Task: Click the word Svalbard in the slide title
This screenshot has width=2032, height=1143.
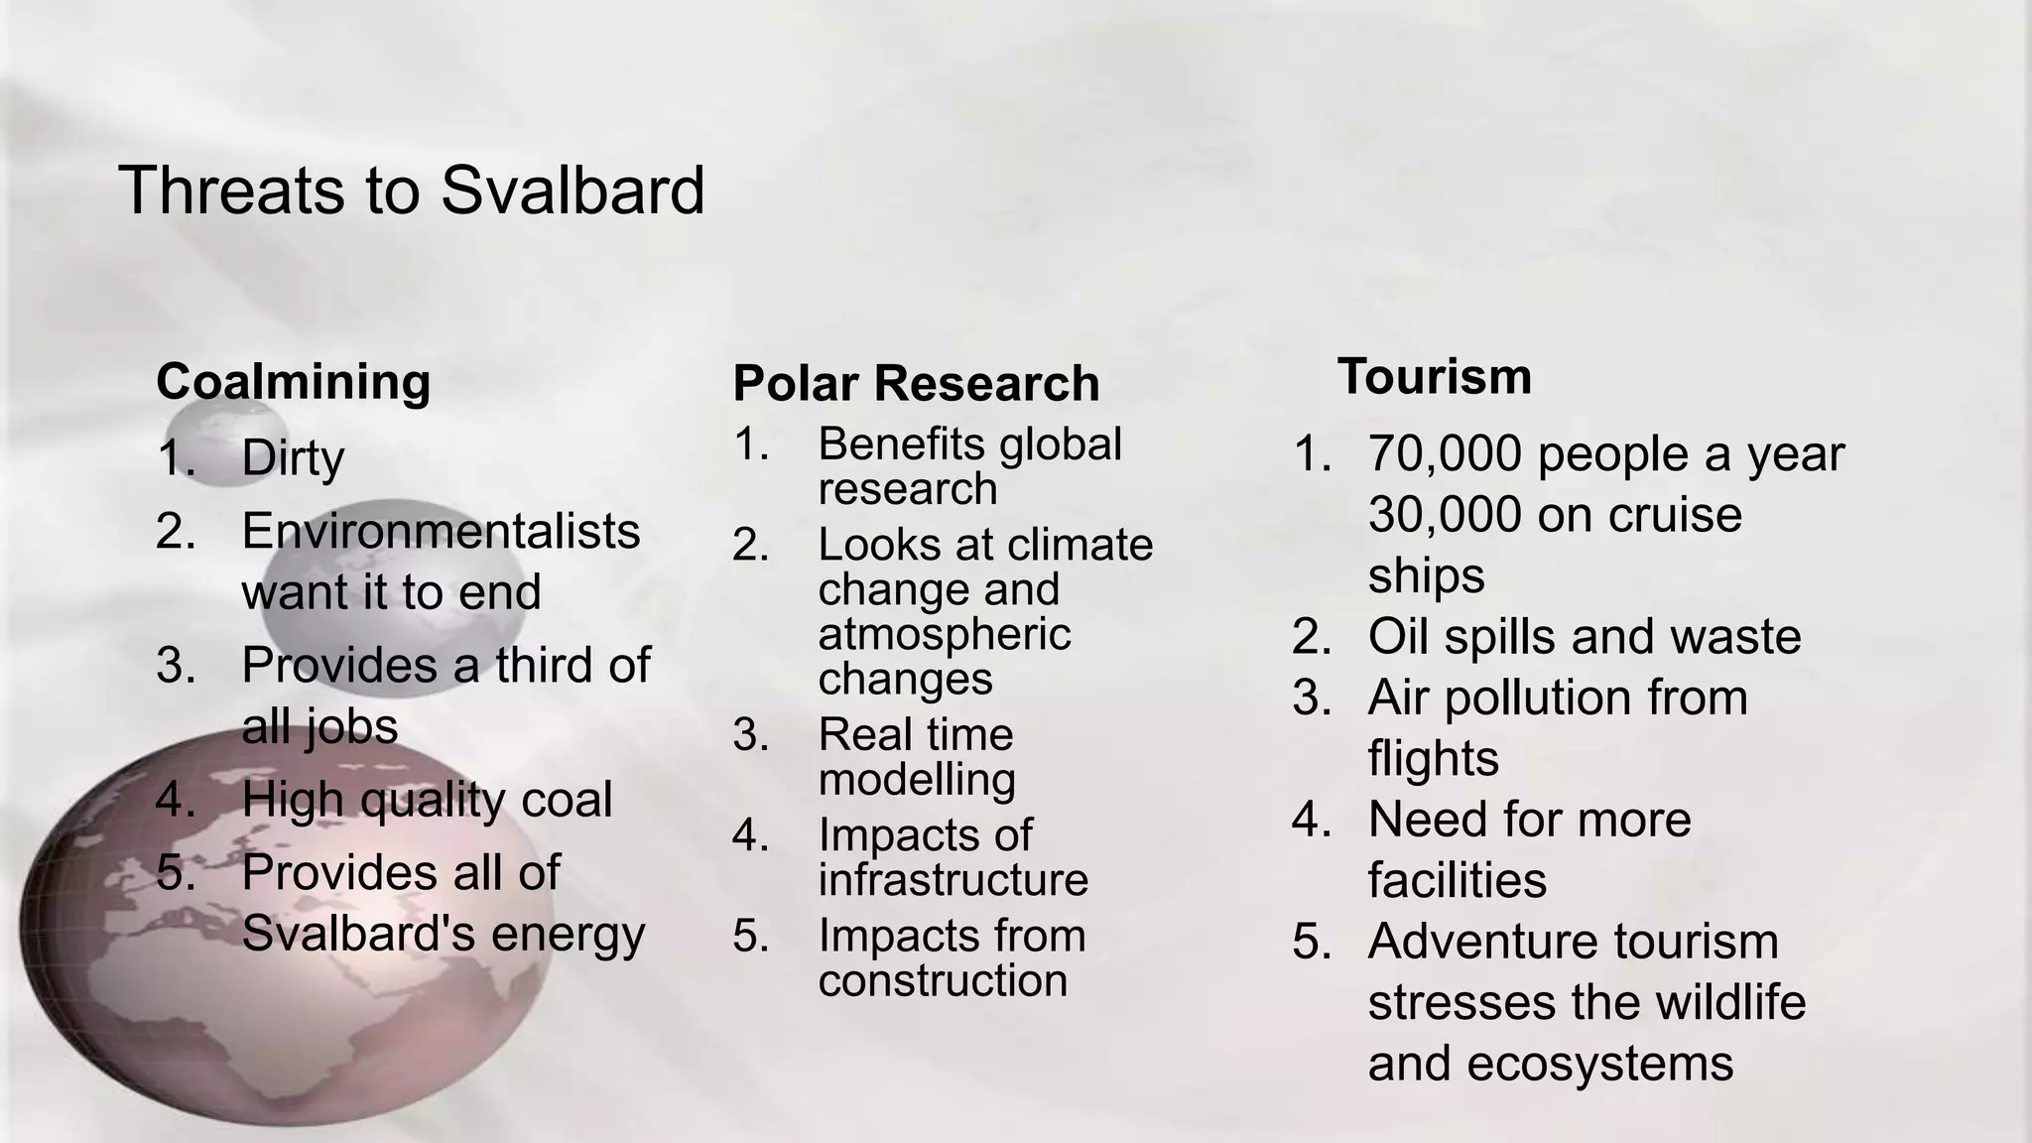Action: click(x=572, y=190)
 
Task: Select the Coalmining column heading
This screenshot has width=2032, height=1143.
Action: click(x=293, y=382)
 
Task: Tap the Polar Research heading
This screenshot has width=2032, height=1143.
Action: click(x=916, y=384)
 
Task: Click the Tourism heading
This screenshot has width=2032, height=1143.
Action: click(x=1434, y=377)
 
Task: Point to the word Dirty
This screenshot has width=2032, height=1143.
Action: click(x=293, y=458)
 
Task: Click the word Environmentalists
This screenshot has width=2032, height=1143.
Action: click(x=441, y=531)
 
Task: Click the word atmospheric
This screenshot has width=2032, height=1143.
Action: click(x=944, y=634)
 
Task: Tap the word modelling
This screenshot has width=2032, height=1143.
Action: click(x=917, y=780)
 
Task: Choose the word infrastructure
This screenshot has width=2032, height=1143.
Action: click(x=952, y=880)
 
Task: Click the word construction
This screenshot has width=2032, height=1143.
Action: click(x=943, y=981)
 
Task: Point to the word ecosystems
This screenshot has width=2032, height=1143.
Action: click(x=1599, y=1064)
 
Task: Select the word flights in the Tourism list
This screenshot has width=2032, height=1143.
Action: click(x=1433, y=759)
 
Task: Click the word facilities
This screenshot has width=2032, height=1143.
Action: click(x=1457, y=880)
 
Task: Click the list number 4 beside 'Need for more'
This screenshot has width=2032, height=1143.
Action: click(x=1312, y=821)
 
